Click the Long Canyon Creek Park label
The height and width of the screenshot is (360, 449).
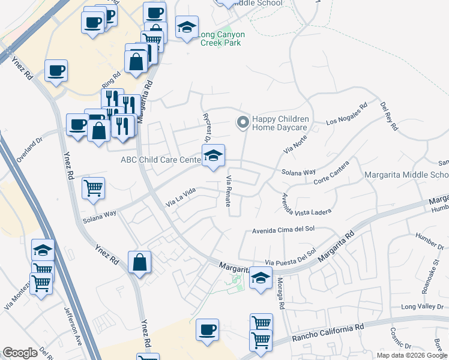tap(222, 39)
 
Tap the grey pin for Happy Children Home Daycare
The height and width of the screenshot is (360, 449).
tap(243, 122)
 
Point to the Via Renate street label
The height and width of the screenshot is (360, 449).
tap(229, 191)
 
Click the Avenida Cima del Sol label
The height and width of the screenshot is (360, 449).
tap(283, 229)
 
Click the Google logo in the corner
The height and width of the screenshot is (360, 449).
tap(20, 353)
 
